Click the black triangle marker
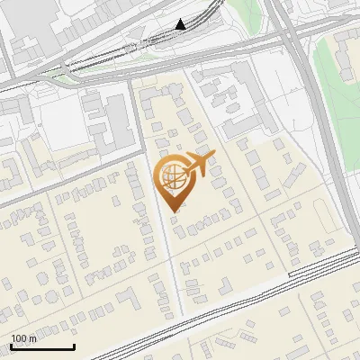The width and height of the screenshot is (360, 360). [181, 24]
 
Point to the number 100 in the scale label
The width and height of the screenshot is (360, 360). [19, 337]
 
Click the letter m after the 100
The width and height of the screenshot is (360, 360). [31, 337]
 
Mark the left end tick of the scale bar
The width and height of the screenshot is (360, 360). [11, 345]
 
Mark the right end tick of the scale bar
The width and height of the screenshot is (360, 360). [74, 345]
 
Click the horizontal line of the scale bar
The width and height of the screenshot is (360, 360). [42, 346]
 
